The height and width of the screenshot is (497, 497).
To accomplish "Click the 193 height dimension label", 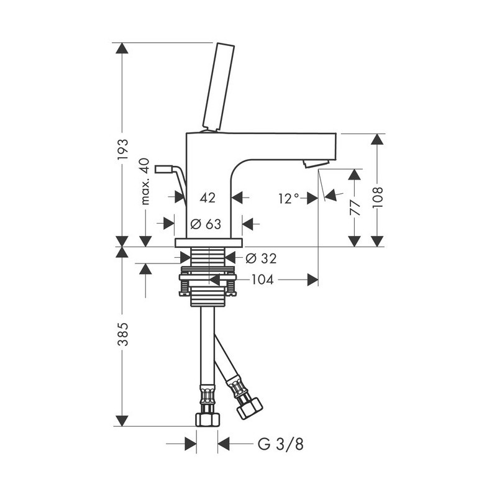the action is click(122, 149).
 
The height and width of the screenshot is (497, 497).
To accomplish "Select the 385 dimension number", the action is click(122, 334).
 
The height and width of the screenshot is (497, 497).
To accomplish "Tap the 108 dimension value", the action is click(378, 197).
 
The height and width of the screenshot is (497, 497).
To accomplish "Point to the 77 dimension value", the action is click(355, 207).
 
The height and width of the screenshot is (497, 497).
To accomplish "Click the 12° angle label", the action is click(289, 199).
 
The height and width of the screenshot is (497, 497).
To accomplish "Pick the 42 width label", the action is click(207, 198).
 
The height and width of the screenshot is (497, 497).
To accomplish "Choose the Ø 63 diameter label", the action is click(206, 224).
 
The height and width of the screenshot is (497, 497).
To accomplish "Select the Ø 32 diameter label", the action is click(261, 258).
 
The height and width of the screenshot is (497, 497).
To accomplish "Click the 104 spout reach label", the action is click(262, 280).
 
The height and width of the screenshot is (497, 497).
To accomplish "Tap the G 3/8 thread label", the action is click(281, 444).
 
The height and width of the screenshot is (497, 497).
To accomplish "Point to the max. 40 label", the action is click(145, 181).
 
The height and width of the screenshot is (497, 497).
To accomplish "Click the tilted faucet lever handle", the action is click(219, 86).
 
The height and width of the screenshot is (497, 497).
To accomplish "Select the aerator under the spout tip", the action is click(316, 164).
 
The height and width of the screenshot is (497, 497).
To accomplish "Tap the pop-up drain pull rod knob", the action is click(164, 169).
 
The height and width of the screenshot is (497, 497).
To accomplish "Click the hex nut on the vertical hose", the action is click(207, 419).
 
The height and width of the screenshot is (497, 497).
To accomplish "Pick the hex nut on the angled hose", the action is click(250, 409).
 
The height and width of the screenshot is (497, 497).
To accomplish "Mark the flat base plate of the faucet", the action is click(209, 243).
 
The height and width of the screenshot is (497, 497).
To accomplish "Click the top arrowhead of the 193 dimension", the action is click(122, 48).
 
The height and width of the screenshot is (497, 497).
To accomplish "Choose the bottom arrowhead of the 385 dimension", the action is click(122, 421).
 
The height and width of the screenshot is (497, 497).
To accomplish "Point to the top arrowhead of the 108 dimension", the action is click(377, 139).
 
